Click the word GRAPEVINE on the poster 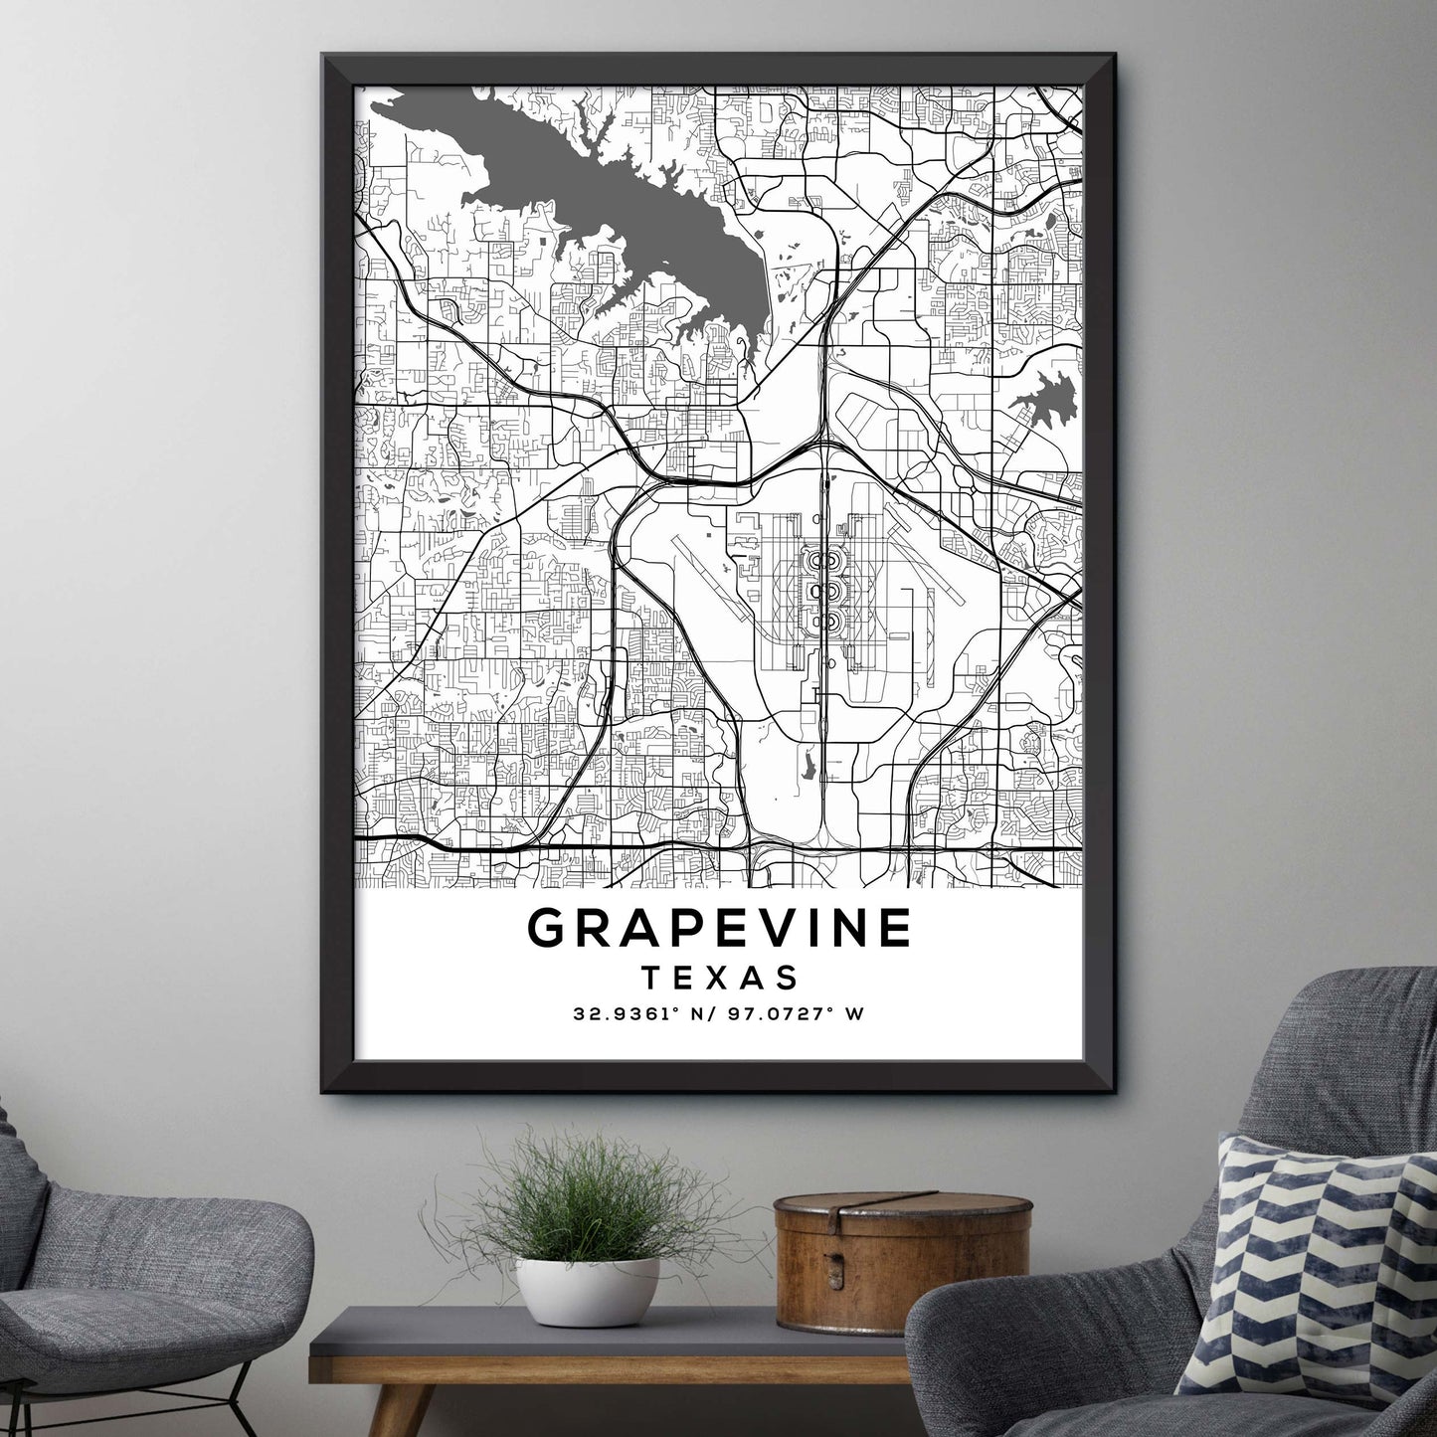coord(719,928)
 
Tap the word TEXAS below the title coord(719,978)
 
